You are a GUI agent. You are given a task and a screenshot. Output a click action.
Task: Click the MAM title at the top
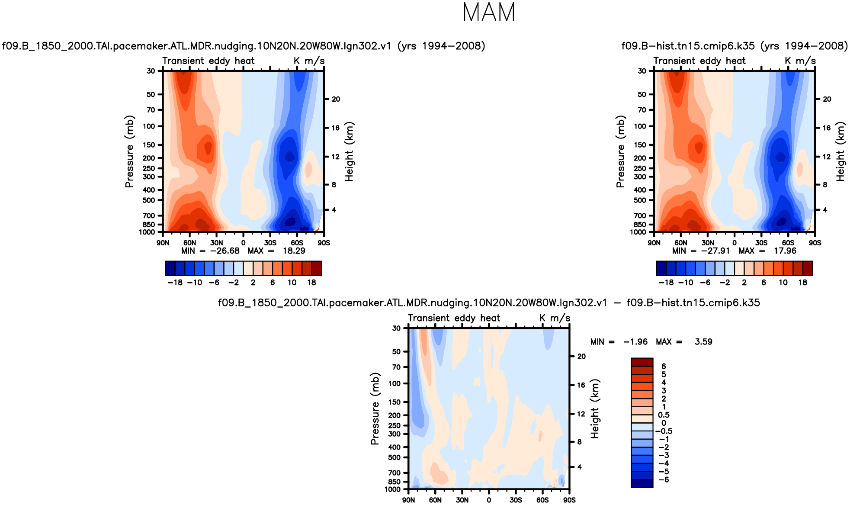coord(489,13)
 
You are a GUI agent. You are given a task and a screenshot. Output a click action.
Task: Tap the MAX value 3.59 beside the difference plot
coord(703,342)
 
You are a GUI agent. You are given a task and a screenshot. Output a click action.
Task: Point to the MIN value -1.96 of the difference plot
coord(635,342)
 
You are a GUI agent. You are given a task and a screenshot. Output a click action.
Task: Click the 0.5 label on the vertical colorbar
coord(664,415)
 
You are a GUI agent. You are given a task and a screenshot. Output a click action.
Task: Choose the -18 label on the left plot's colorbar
coord(175,283)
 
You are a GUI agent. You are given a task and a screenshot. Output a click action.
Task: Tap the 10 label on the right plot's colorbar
coord(783,283)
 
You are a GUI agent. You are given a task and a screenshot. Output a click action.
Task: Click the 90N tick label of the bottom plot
coord(408,500)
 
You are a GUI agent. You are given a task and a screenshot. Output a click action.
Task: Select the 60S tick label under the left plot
coord(297,243)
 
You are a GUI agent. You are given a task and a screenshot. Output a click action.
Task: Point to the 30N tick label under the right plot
coord(708,243)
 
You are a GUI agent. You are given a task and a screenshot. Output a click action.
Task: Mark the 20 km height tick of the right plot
coord(827,99)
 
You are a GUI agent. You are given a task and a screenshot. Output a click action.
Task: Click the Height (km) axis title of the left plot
coord(350,151)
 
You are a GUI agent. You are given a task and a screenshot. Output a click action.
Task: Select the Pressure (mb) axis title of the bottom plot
coord(375,409)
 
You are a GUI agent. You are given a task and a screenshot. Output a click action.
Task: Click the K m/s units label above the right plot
coord(800,61)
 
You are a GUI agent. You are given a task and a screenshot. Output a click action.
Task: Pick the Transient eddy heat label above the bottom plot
coord(454,318)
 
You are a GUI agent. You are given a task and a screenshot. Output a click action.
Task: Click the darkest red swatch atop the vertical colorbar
coord(642,362)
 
